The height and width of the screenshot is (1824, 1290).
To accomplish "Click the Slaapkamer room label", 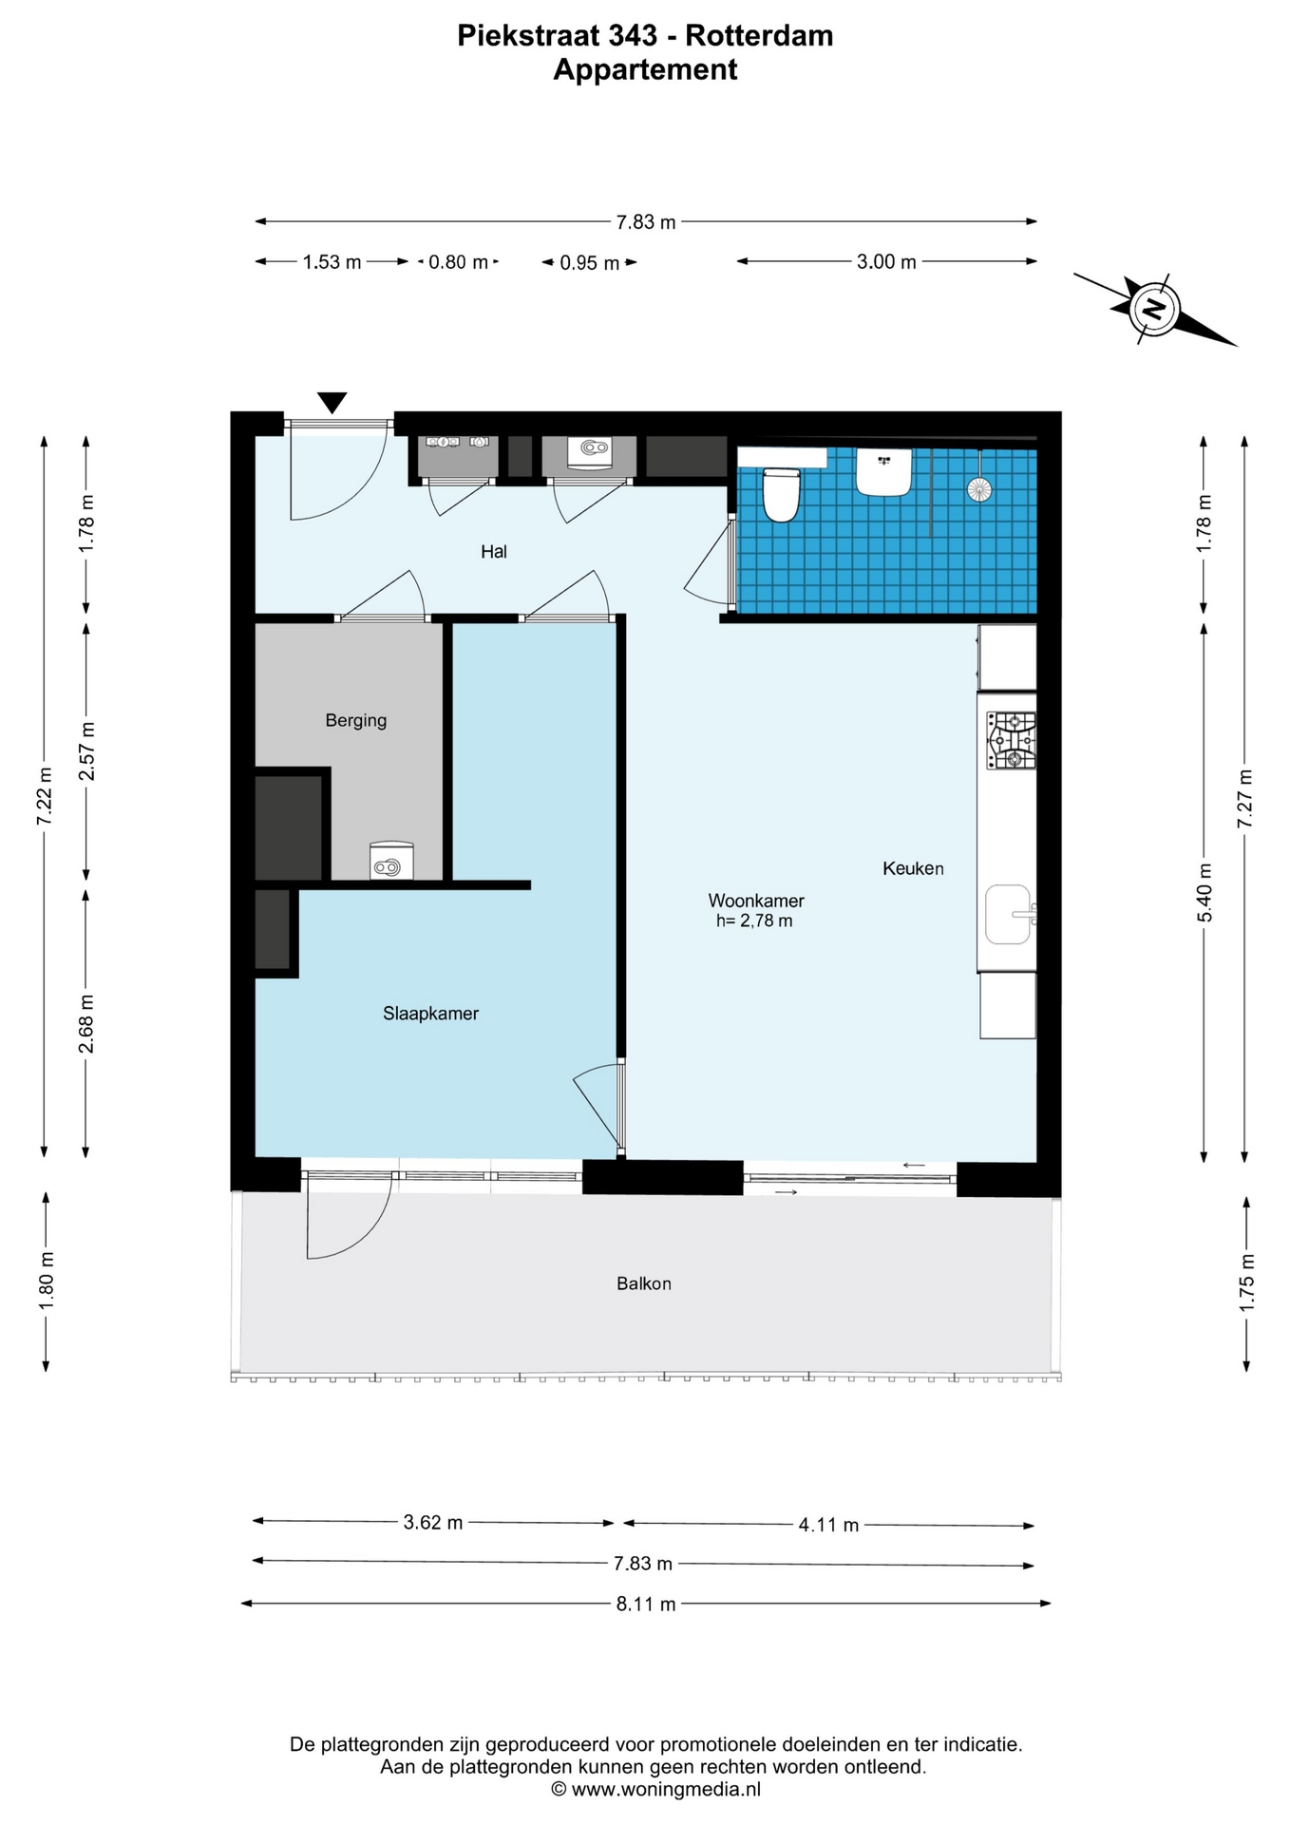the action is click(x=430, y=1014).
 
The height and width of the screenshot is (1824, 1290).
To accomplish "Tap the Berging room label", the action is click(x=356, y=721).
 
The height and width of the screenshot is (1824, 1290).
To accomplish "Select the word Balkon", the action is click(x=644, y=1283).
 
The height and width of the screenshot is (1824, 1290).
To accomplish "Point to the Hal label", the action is click(x=494, y=551).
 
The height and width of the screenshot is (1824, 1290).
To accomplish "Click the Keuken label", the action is click(x=913, y=868).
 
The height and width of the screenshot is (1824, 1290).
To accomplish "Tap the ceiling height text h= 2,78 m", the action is click(x=754, y=921).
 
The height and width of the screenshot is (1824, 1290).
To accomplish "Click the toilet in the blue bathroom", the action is click(x=782, y=493).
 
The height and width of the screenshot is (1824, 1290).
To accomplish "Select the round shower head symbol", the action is click(x=979, y=489).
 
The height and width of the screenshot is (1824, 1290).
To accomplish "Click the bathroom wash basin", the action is click(x=884, y=472).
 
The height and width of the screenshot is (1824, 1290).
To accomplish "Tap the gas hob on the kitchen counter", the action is click(x=1011, y=741).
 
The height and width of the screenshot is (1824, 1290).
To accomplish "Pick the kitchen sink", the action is click(x=1009, y=914).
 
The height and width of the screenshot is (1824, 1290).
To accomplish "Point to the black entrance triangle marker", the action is click(x=332, y=403).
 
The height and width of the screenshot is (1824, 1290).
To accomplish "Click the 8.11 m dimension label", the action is click(x=646, y=1605).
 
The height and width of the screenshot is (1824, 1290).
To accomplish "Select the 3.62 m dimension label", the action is click(x=433, y=1523).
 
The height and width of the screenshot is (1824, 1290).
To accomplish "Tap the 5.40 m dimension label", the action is click(x=1205, y=892).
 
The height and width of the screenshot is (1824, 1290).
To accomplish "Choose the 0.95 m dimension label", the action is click(x=590, y=263).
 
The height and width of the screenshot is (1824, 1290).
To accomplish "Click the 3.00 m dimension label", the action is click(x=886, y=262).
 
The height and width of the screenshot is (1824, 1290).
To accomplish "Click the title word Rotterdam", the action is click(x=759, y=36).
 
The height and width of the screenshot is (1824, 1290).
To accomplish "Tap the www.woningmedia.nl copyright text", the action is click(x=655, y=1789).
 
